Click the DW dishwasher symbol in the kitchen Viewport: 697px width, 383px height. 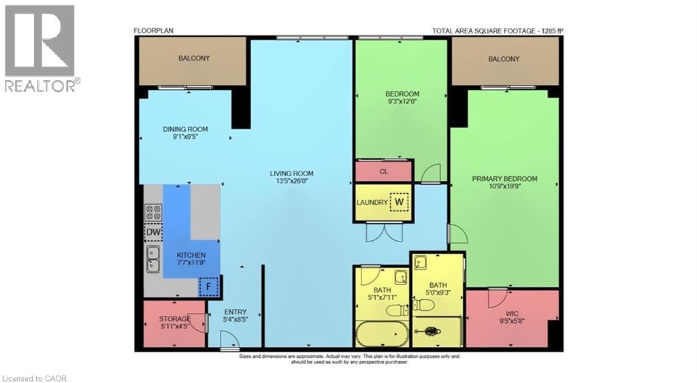[153, 233]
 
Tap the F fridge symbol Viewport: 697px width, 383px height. [210, 287]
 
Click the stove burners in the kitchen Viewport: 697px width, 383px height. [153, 213]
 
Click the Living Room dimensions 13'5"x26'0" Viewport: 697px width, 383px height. [291, 182]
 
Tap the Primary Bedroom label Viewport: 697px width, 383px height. [504, 179]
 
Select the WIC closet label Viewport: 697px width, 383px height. [512, 314]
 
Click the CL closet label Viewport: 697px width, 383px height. [384, 172]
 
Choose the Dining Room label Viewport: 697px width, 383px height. [185, 129]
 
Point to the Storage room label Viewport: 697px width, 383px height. [175, 318]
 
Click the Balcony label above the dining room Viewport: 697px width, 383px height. [194, 59]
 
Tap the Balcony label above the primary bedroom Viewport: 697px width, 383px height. [504, 59]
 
